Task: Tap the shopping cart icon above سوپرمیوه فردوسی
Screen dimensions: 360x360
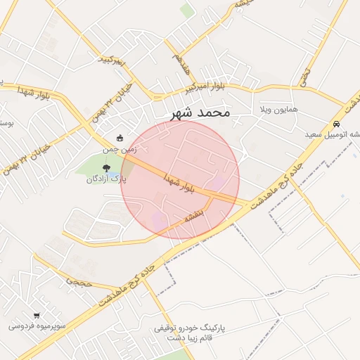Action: click(x=36, y=316)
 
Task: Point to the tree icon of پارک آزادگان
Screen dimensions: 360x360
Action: click(x=106, y=168)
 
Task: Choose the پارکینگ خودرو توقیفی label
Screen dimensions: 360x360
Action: click(x=189, y=328)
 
